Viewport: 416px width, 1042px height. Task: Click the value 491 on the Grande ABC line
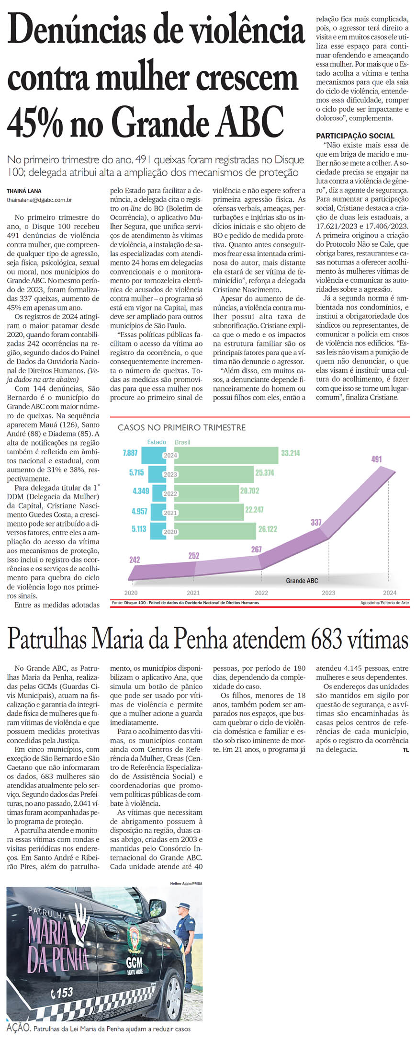pyautogui.click(x=376, y=459)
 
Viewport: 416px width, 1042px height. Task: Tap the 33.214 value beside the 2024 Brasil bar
pyautogui.click(x=291, y=453)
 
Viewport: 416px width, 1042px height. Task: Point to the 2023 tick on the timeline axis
pyautogui.click(x=328, y=593)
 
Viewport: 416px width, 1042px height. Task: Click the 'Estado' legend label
pyautogui.click(x=157, y=442)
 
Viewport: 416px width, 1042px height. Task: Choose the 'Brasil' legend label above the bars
pyautogui.click(x=182, y=442)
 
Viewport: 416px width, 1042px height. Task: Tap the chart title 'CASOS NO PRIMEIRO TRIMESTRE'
pyautogui.click(x=181, y=427)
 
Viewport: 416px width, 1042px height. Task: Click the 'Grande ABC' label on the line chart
pyautogui.click(x=302, y=581)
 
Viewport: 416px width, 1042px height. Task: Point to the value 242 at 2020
pyautogui.click(x=135, y=559)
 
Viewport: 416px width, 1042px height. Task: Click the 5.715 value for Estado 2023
pyautogui.click(x=136, y=472)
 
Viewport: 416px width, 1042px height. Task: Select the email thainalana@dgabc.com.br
pyautogui.click(x=39, y=199)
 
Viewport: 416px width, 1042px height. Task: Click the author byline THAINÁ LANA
pyautogui.click(x=24, y=191)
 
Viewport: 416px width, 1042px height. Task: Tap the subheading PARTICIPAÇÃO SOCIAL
pyautogui.click(x=355, y=136)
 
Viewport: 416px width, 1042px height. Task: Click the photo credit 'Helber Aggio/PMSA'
pyautogui.click(x=186, y=882)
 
